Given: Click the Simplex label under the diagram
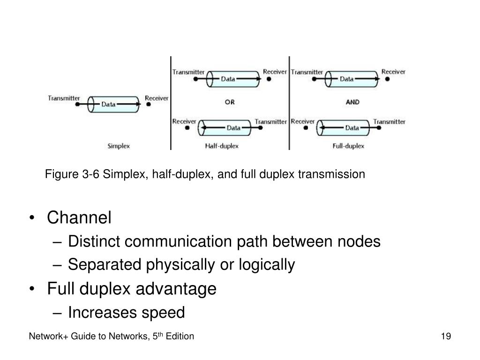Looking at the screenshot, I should point(119,146).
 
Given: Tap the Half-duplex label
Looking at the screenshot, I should point(222,146).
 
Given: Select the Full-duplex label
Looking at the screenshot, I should point(348,146).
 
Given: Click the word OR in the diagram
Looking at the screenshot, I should point(230,103).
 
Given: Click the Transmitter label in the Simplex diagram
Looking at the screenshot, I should point(64,98).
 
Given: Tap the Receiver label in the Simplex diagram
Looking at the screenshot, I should point(157,98).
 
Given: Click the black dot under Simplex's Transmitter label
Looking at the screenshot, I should point(77,105).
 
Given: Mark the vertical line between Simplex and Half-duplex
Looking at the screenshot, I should point(171,103).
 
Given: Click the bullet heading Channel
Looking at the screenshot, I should point(79,217).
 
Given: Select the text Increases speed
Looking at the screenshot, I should point(127,312).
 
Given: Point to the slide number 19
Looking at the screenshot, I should point(446,337).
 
